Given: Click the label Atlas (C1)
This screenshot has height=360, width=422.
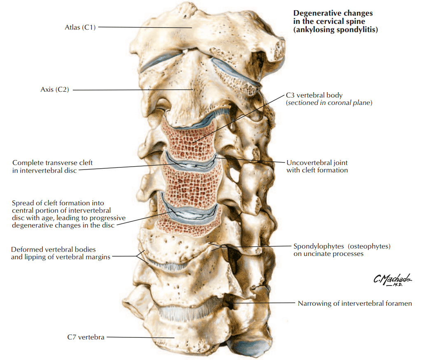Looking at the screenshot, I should pyautogui.click(x=80, y=28).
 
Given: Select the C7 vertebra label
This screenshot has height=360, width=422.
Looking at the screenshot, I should pyautogui.click(x=86, y=337).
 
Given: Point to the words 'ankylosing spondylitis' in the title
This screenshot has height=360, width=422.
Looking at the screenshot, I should pyautogui.click(x=336, y=30).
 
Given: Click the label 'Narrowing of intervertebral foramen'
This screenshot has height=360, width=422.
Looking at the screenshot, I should pyautogui.click(x=354, y=304).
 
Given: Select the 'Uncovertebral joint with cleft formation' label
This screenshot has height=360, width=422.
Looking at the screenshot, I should pyautogui.click(x=317, y=166).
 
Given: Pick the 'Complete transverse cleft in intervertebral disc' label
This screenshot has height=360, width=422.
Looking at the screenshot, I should pyautogui.click(x=52, y=166).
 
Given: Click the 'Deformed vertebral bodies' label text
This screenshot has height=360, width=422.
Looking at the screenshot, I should pyautogui.click(x=54, y=249).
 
